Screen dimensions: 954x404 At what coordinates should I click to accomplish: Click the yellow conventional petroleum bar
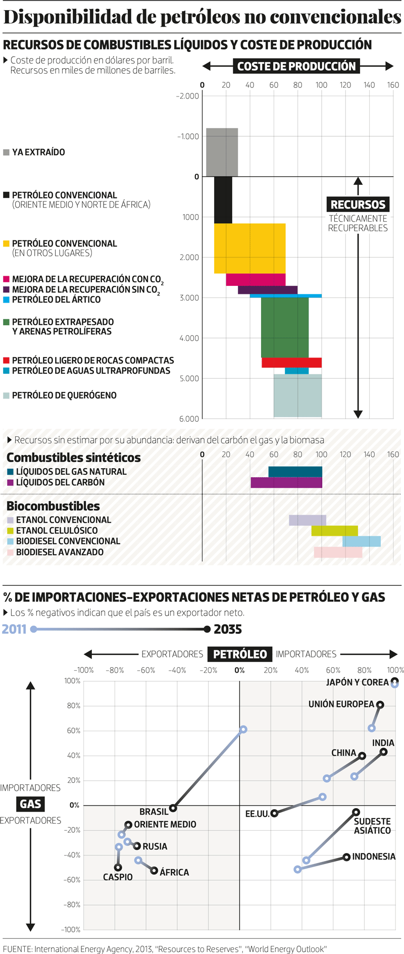click(x=250, y=248)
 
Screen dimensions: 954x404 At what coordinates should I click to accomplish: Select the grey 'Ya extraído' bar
click(x=222, y=152)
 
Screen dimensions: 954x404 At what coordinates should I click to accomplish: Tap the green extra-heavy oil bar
click(x=285, y=327)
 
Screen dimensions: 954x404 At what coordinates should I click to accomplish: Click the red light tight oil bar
click(x=291, y=362)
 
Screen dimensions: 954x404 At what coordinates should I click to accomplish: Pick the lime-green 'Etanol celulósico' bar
click(x=334, y=531)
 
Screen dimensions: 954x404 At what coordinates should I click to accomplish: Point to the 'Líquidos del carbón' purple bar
click(x=286, y=482)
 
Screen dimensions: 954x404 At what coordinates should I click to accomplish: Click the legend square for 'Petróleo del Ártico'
click(x=7, y=299)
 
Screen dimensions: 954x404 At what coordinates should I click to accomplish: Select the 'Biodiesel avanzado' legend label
click(x=60, y=552)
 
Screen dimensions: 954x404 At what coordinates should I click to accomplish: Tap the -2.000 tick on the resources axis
click(x=187, y=96)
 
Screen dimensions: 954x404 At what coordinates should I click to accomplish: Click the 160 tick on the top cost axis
click(x=393, y=85)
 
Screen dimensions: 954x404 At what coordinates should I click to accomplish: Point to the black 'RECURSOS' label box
click(x=358, y=205)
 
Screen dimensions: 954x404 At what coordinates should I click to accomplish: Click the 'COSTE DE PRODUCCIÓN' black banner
click(x=296, y=66)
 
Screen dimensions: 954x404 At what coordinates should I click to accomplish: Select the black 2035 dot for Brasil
click(x=173, y=808)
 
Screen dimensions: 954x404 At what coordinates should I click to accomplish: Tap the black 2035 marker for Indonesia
click(x=346, y=857)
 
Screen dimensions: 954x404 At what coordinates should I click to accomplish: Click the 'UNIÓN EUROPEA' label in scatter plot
click(x=341, y=704)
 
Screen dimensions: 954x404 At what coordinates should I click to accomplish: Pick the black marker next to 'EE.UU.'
click(x=274, y=813)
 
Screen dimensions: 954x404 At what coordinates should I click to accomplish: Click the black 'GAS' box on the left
click(x=31, y=804)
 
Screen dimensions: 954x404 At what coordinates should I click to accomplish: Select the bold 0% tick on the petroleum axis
click(x=239, y=670)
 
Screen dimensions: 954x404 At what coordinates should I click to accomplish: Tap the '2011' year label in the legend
click(x=14, y=629)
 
